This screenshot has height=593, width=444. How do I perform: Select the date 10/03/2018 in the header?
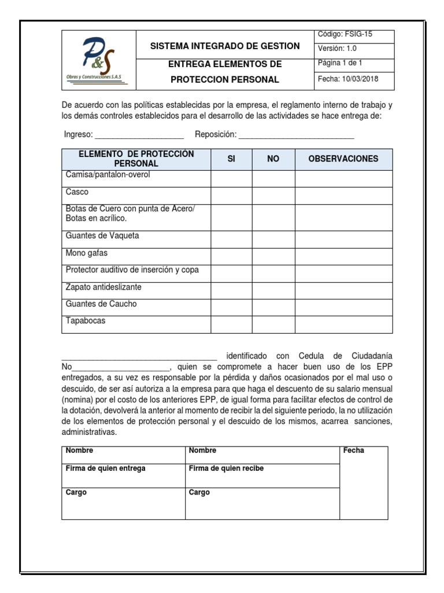(348, 79)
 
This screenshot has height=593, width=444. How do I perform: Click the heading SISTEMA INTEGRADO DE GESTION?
(225, 46)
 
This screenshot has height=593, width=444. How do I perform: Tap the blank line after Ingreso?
(139, 135)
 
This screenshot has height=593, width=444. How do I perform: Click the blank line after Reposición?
(296, 135)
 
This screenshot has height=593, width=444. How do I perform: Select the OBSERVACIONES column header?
(343, 159)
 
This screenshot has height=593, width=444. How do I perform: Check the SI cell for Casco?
(231, 195)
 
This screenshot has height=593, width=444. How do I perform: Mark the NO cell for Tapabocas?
(273, 324)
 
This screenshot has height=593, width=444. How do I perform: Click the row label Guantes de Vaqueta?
(102, 236)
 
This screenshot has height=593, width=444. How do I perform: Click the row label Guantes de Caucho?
(101, 304)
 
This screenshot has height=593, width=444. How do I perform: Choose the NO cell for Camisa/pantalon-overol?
(273, 178)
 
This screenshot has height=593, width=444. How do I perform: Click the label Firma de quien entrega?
(105, 468)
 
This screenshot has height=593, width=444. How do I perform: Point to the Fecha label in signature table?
(353, 451)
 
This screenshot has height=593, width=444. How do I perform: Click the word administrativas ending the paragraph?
(89, 432)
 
